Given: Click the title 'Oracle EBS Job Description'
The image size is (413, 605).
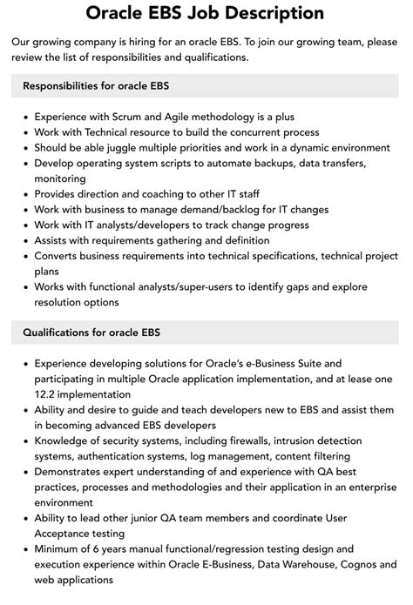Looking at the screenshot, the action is coord(206,14).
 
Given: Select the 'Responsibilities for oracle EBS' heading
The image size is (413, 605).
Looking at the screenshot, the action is coord(97,86).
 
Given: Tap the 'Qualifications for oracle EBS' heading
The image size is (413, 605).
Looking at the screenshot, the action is coord(91,333).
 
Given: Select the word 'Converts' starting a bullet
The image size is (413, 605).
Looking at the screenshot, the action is coord(59,256).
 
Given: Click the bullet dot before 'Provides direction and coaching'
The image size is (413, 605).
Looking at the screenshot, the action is coord(26,193).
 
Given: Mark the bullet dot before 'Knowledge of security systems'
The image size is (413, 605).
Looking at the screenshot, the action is coord(26,440).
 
